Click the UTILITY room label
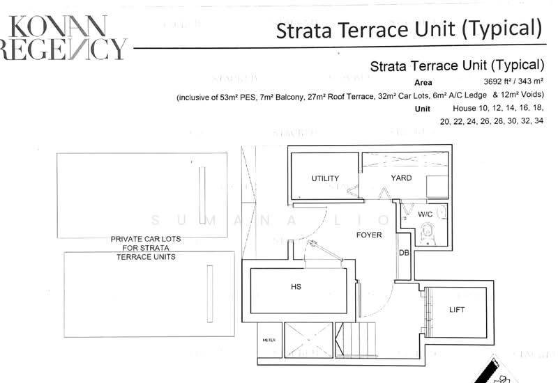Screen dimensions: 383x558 coord(325,179)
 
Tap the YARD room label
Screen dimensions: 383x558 coord(401,178)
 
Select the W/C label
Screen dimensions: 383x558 coord(425,214)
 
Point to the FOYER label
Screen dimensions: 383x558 coord(369,235)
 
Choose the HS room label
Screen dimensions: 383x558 coord(296,286)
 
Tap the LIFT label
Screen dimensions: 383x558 coord(457,310)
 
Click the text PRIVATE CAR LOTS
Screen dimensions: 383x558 coord(146,239)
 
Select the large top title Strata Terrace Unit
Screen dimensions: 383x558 coord(409,30)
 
